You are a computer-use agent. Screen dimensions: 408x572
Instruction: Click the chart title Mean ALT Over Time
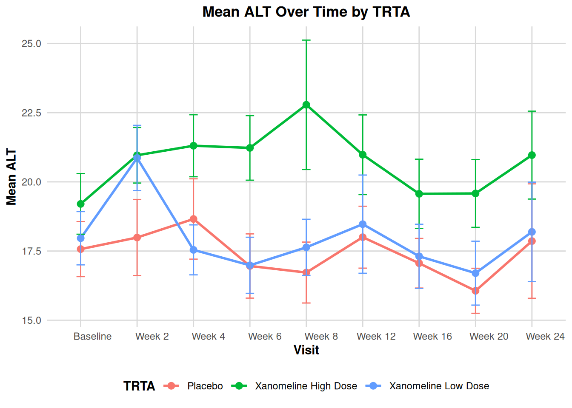coord(306,12)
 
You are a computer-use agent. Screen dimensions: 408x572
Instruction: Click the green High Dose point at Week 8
coord(306,105)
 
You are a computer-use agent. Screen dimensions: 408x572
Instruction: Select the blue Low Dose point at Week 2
coord(137,158)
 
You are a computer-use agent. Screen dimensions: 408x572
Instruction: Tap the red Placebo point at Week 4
coord(194,219)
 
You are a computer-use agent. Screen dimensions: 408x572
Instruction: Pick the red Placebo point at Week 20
coord(475,291)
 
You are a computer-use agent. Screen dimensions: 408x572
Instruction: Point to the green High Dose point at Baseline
coord(81,204)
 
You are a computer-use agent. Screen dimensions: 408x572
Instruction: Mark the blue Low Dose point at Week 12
coord(363,224)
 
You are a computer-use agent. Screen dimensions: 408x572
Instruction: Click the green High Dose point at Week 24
coord(532,155)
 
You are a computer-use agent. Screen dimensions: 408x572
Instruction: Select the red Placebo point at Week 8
coord(306,272)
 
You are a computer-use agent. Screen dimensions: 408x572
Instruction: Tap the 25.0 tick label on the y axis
coord(31,44)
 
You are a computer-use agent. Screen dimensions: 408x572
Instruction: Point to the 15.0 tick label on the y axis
coord(31,320)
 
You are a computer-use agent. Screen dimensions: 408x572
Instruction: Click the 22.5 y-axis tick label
coord(31,113)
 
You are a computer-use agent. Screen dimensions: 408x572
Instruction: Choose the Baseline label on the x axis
coord(92,337)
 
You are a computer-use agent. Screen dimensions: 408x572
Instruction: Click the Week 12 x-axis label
coord(376,337)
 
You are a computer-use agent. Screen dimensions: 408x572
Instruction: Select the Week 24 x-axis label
coord(545,337)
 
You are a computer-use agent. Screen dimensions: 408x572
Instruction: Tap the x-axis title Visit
coord(306,350)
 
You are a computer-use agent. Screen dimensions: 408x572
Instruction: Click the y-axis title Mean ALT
coord(11,177)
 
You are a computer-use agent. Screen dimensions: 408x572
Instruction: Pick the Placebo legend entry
coord(205,386)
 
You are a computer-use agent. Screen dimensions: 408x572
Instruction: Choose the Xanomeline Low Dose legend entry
coord(439,386)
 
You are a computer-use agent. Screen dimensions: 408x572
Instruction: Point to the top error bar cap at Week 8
coord(306,40)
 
